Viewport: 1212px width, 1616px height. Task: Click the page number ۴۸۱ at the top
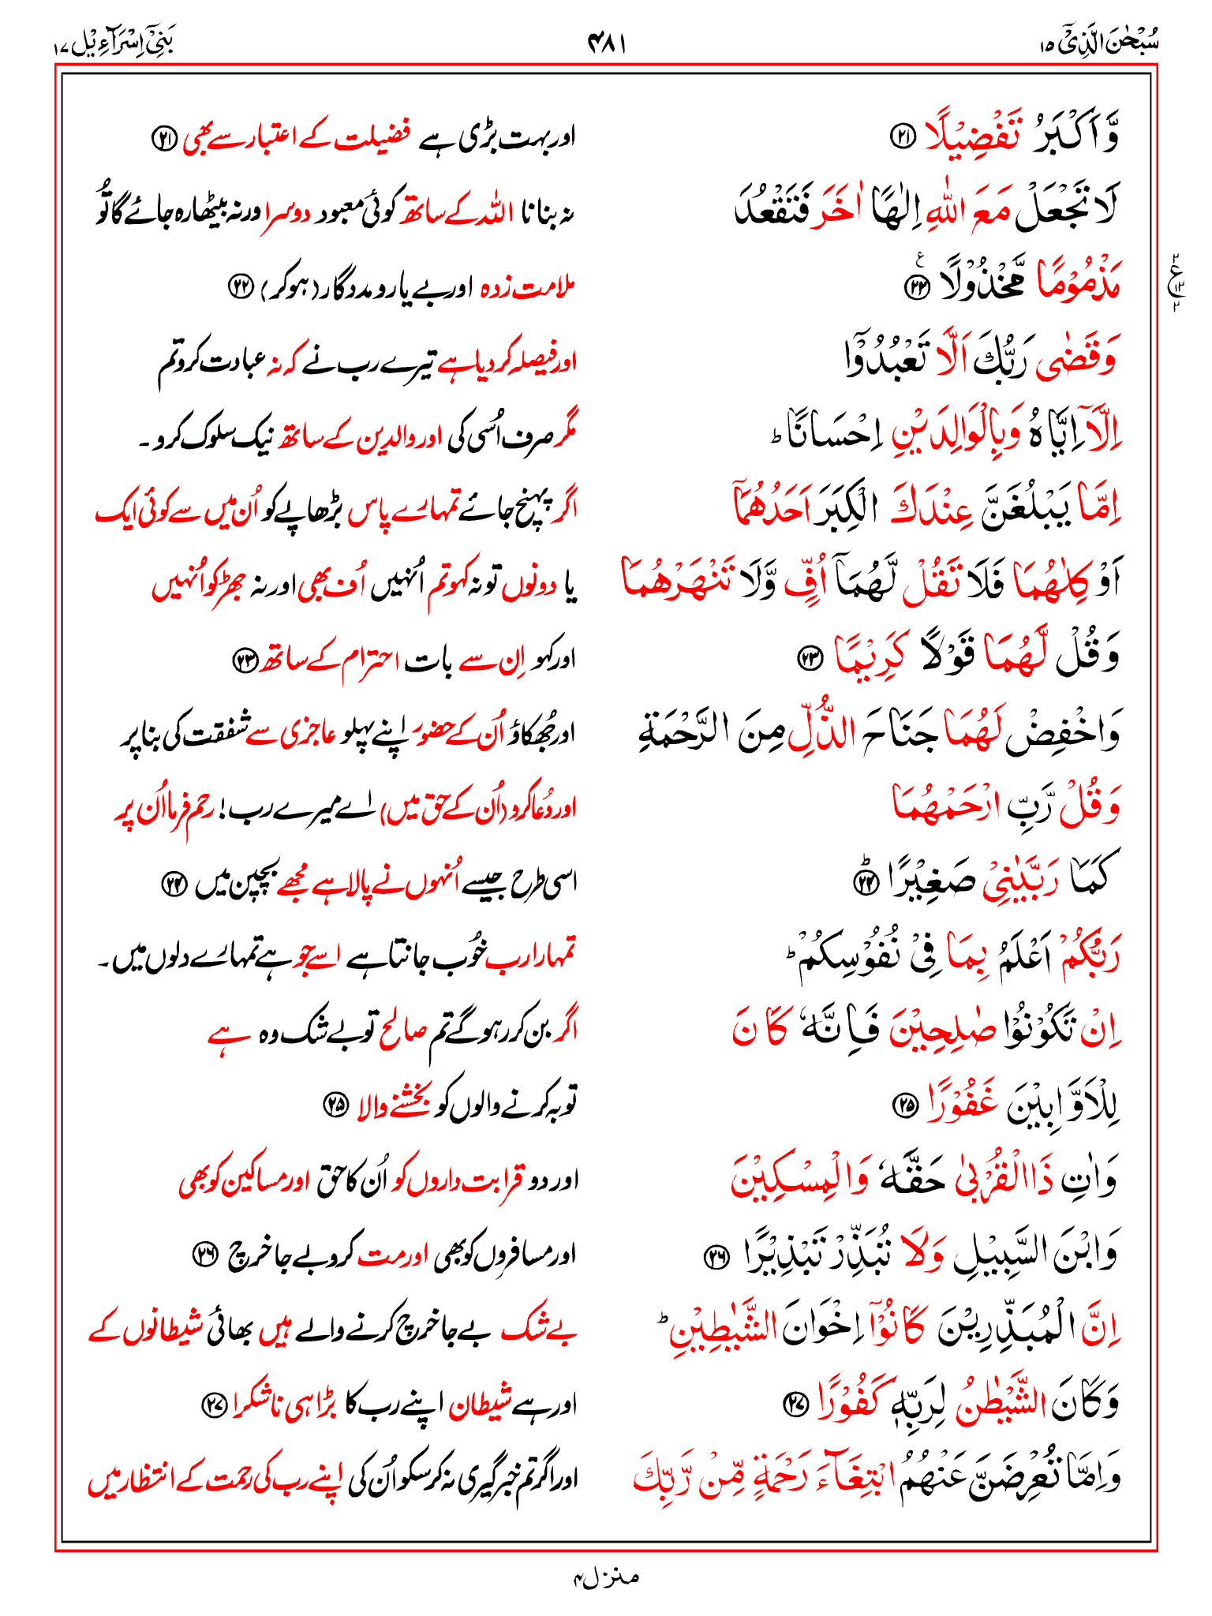coord(606,44)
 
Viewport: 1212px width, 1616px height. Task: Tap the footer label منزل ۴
coord(605,1577)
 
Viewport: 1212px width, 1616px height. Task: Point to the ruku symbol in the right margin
coord(1176,281)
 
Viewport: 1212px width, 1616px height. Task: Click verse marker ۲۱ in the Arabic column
coord(900,137)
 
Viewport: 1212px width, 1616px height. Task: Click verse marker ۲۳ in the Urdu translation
coord(244,660)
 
